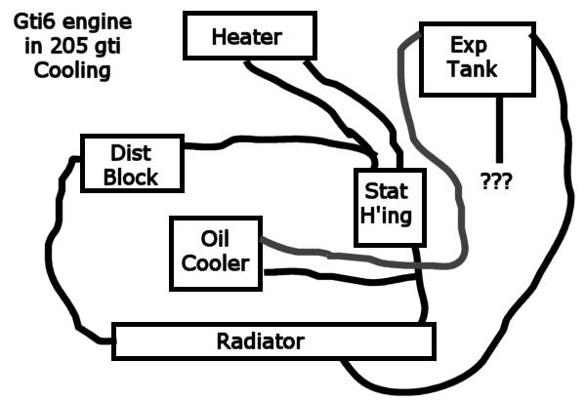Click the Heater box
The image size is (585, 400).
pos(250,35)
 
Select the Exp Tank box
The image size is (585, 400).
pos(478,60)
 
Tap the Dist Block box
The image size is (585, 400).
pos(132,163)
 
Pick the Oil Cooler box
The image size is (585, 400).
pos(216,253)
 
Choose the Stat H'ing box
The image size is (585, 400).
pos(390,207)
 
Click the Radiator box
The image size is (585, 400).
pos(273,341)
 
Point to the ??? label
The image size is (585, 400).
pos(496,180)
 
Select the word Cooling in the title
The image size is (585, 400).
pos(72,71)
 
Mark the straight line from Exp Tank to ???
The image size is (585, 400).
pos(499,130)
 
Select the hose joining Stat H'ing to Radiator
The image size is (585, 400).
pos(422,285)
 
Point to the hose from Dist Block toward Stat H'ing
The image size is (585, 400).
pos(283,140)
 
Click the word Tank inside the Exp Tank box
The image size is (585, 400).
pos(473,69)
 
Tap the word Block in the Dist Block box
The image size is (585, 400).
pos(131,178)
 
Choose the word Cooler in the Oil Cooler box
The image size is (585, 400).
pos(215,263)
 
